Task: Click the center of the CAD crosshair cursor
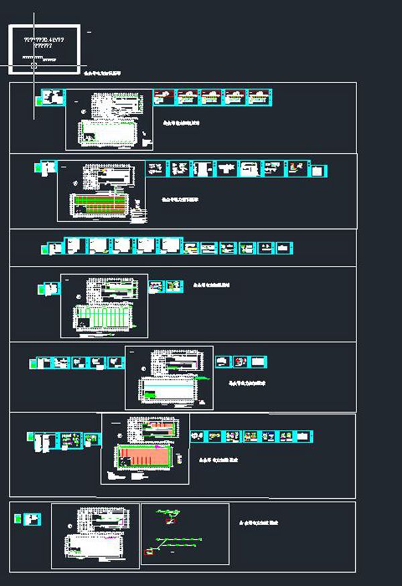pos(35,66)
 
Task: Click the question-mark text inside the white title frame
pos(44,43)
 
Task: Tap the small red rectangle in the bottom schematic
pos(149,551)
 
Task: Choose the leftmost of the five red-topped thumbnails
pos(163,97)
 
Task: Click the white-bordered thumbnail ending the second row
pos(322,169)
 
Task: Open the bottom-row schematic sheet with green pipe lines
pos(185,534)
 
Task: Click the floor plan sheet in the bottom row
pos(95,535)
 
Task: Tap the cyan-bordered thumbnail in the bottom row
pos(32,519)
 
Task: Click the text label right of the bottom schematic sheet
pos(259,522)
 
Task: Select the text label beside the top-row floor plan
pos(181,124)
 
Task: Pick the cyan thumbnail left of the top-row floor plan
pos(52,97)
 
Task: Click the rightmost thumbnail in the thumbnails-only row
pos(285,248)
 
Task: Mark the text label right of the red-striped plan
pos(180,200)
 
